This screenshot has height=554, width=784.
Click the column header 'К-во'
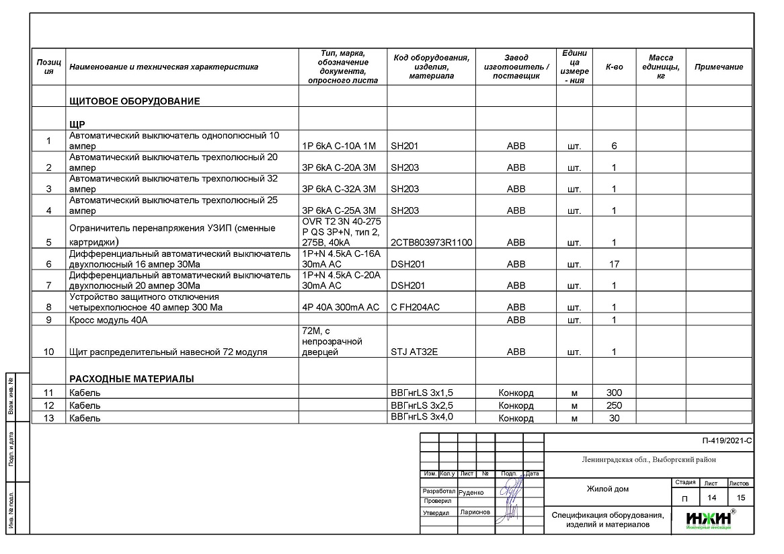614,67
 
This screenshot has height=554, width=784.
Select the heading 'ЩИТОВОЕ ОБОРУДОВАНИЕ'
134,102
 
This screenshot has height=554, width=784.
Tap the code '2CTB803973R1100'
431,242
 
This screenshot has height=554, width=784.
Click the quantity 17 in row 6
614,264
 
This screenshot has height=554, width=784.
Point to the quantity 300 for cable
614,393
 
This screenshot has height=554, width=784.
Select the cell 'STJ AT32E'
414,352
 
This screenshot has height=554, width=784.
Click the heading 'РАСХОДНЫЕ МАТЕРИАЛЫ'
131,379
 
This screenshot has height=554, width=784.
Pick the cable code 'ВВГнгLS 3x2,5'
422,405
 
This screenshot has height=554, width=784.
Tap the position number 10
48,352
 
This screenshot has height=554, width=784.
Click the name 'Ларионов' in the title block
475,512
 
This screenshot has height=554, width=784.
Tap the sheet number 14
711,498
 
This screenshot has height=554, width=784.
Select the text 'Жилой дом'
607,489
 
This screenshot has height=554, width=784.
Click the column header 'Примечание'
719,67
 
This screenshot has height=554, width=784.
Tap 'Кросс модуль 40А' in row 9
108,320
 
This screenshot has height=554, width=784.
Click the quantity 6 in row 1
614,146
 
